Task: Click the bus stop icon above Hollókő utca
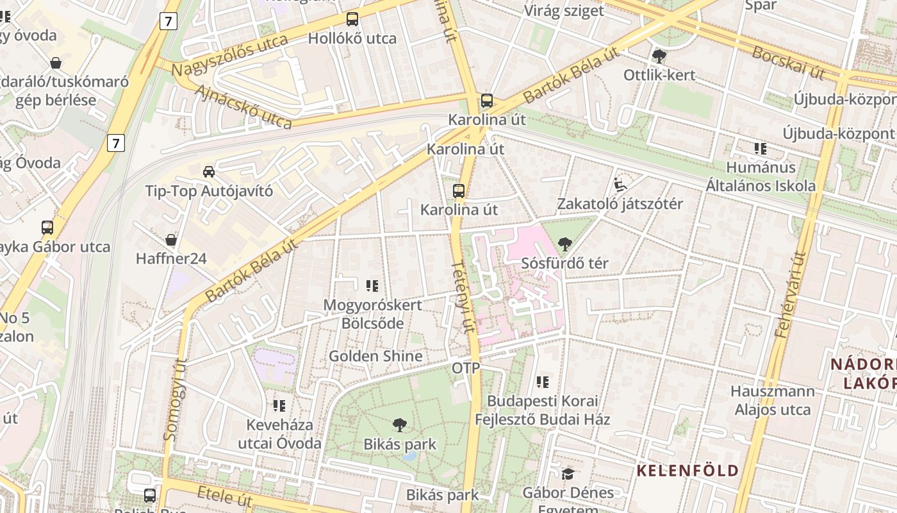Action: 352,19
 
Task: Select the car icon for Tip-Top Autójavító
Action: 209,171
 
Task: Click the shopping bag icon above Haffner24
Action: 171,240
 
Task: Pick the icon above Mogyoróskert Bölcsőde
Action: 372,286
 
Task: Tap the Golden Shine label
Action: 375,356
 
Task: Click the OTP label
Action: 466,368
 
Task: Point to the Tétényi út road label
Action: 465,296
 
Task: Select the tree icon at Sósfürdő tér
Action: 564,244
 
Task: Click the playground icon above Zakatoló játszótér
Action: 619,185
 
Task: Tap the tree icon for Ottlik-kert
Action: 659,56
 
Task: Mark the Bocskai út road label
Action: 788,62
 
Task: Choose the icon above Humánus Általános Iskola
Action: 761,149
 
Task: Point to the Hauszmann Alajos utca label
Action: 773,400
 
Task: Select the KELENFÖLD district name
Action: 687,471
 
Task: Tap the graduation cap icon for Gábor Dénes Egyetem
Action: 568,474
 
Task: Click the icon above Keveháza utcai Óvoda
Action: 279,405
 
